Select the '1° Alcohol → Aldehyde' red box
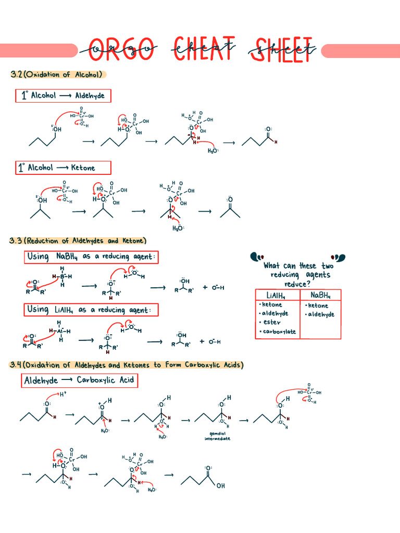coord(63,96)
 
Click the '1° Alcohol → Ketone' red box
coord(63,168)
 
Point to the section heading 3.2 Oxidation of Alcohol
coord(58,74)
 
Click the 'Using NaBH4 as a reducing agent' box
coord(91,257)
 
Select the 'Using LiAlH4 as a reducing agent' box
coord(91,310)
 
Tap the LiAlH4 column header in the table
coord(278,295)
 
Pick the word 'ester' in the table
coord(271,322)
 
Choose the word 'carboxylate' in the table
coord(279,332)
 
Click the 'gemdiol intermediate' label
coord(216,436)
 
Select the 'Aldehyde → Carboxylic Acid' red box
coord(79,380)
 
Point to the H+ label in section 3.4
coord(63,395)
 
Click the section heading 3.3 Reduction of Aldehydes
coord(78,241)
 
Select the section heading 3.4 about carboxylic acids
coord(126,365)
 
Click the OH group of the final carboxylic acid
coord(221,486)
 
